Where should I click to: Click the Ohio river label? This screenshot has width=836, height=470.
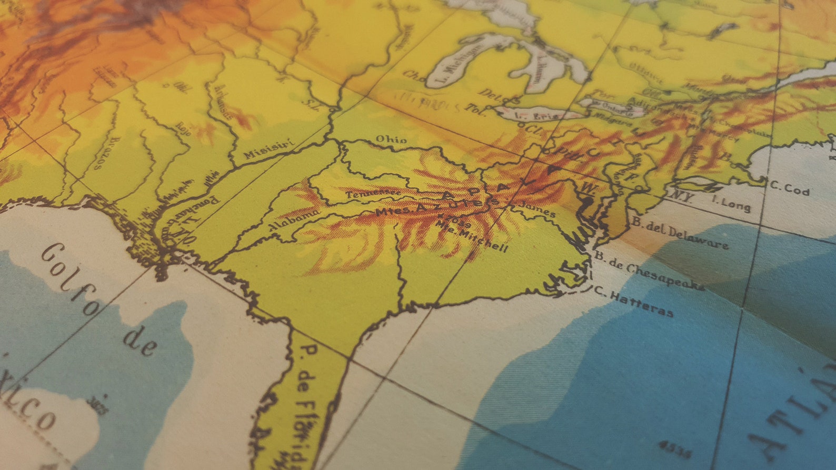point(391,139)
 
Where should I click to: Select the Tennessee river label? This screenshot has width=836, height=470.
point(372,193)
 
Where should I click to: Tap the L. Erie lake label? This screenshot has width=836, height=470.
point(537,115)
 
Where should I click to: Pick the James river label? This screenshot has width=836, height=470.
point(536,209)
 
